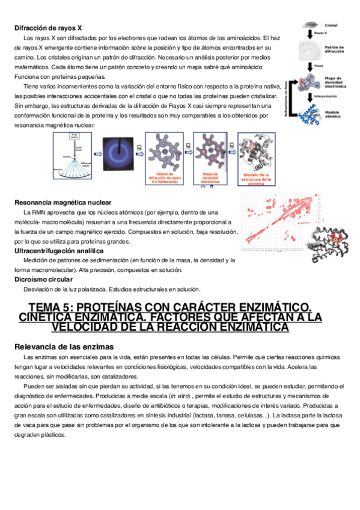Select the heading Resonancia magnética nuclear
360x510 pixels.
[63, 202]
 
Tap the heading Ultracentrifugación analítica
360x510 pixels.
[58, 250]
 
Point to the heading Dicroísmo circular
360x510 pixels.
[43, 279]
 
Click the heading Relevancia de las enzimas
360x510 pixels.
[63, 347]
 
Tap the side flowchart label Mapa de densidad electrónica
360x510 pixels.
[334, 82]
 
